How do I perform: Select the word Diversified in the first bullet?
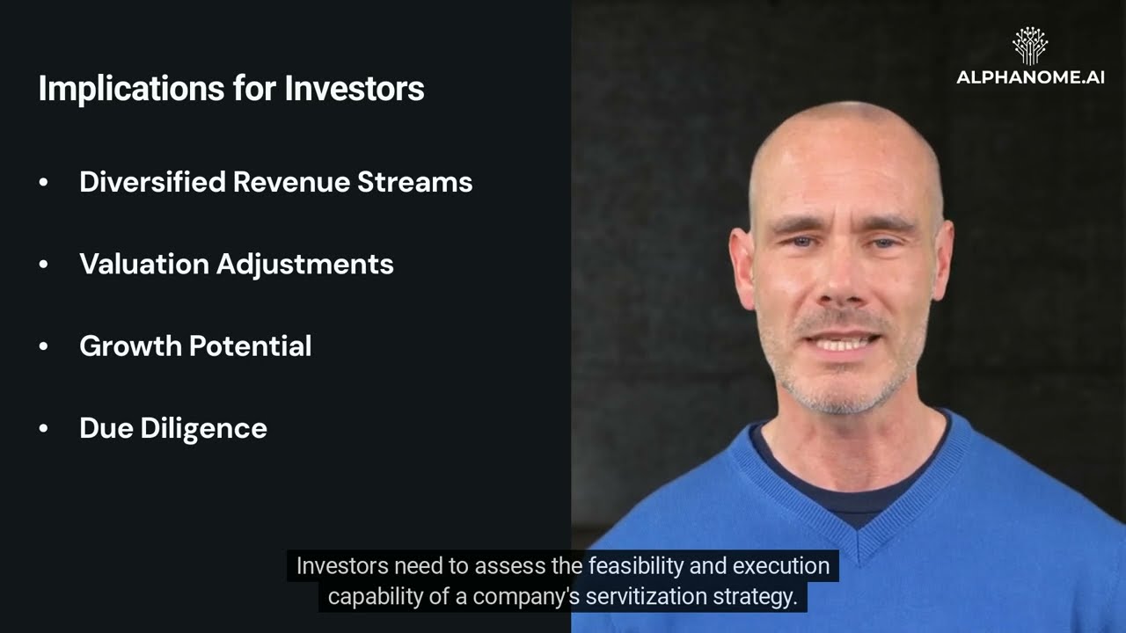[x=152, y=182]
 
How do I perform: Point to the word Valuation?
[x=144, y=264]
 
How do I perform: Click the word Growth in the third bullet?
[x=131, y=346]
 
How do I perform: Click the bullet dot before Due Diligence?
[x=44, y=428]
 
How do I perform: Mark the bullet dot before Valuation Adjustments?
[x=44, y=264]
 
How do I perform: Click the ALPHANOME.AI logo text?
[x=1030, y=77]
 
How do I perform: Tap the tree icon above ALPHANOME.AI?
[x=1030, y=46]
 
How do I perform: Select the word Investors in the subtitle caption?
[x=342, y=565]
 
